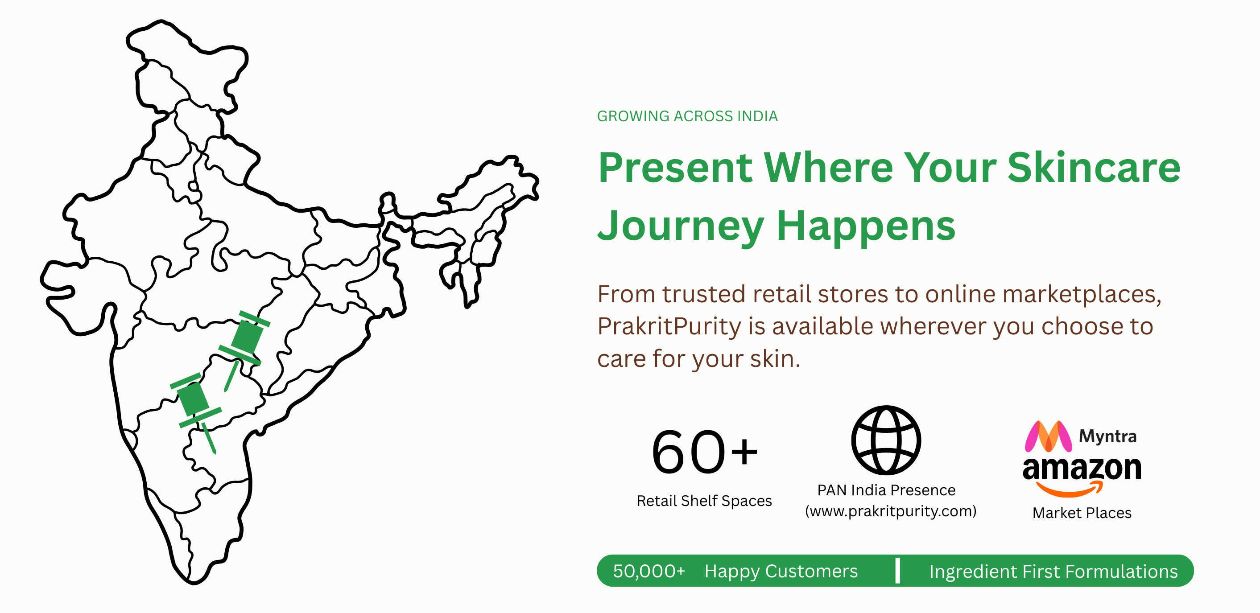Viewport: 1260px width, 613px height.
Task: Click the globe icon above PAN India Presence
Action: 886,440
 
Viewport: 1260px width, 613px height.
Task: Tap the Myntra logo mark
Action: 1048,436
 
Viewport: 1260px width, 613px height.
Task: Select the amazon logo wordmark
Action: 1082,475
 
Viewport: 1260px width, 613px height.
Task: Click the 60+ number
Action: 704,452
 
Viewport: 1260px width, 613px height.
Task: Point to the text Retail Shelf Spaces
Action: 704,501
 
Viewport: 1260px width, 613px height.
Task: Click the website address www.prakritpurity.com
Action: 891,511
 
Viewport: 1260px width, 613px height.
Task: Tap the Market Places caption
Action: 1082,513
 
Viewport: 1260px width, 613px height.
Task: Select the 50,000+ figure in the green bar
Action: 649,571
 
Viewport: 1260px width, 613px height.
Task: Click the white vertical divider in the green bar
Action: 897,571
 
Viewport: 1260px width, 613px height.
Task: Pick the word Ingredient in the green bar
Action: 973,572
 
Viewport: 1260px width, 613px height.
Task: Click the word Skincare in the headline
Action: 1094,168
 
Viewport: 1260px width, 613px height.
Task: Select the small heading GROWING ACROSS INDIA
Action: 687,116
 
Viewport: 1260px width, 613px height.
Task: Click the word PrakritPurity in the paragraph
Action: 669,326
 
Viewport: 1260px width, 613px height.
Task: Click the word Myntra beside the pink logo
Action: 1107,436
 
